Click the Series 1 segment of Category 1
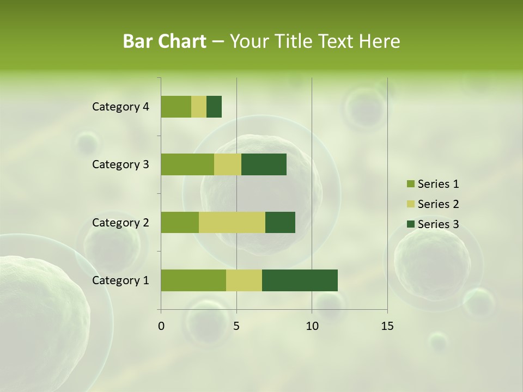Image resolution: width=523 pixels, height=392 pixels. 193,280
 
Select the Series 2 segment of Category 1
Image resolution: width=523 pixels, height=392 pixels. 244,280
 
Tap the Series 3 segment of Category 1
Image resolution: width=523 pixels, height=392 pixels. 300,280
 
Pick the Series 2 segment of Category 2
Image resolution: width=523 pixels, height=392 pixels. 232,222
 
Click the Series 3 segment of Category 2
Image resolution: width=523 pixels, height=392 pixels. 280,222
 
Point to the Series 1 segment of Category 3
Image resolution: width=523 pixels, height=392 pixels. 187,164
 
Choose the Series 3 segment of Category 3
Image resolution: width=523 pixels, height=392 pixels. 264,164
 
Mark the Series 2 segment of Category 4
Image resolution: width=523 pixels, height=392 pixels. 199,107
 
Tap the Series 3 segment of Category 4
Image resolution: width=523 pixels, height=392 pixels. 214,107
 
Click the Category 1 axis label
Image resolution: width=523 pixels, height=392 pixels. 120,280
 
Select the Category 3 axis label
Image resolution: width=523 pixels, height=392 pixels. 120,164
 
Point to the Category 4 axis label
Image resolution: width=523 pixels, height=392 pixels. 120,107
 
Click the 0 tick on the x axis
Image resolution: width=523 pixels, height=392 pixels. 161,326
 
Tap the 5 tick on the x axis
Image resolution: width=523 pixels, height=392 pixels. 236,326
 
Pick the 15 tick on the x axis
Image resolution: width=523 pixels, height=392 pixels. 387,326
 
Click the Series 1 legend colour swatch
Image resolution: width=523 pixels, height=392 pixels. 410,184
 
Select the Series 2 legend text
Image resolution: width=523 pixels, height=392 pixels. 438,204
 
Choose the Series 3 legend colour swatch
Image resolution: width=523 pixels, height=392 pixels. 410,224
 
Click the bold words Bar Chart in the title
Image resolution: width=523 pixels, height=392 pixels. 165,41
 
